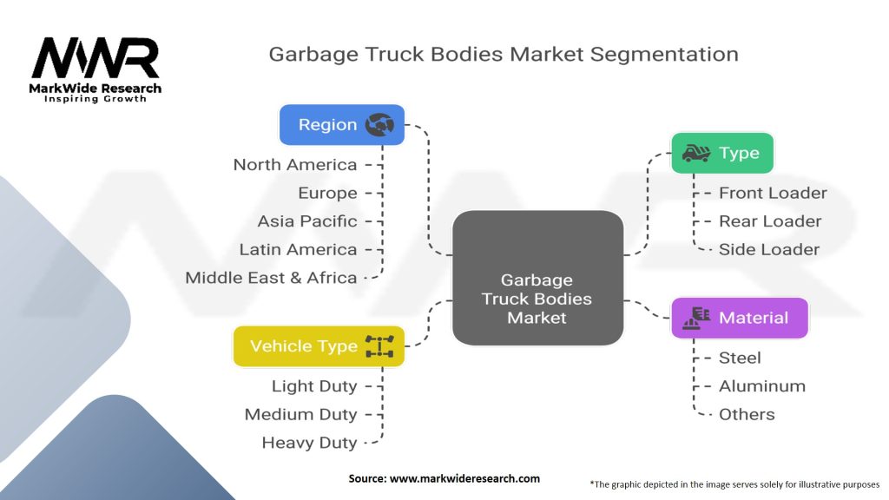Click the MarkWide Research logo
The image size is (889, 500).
95,69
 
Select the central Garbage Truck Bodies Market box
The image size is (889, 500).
537,278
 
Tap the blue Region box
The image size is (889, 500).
341,125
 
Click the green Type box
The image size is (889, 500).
721,154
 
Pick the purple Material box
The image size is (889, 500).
740,318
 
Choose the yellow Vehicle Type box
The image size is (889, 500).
319,346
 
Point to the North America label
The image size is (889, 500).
295,165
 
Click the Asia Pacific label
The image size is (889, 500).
307,221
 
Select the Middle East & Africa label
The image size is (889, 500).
271,278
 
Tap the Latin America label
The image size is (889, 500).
298,250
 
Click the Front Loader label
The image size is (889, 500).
773,194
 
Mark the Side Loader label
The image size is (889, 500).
769,250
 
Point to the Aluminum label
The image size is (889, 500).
762,386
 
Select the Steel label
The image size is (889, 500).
740,358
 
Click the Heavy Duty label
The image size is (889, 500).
309,443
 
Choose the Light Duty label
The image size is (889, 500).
314,386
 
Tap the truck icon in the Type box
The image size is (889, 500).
695,154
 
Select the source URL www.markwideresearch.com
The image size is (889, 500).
465,478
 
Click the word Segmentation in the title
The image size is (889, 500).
664,54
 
